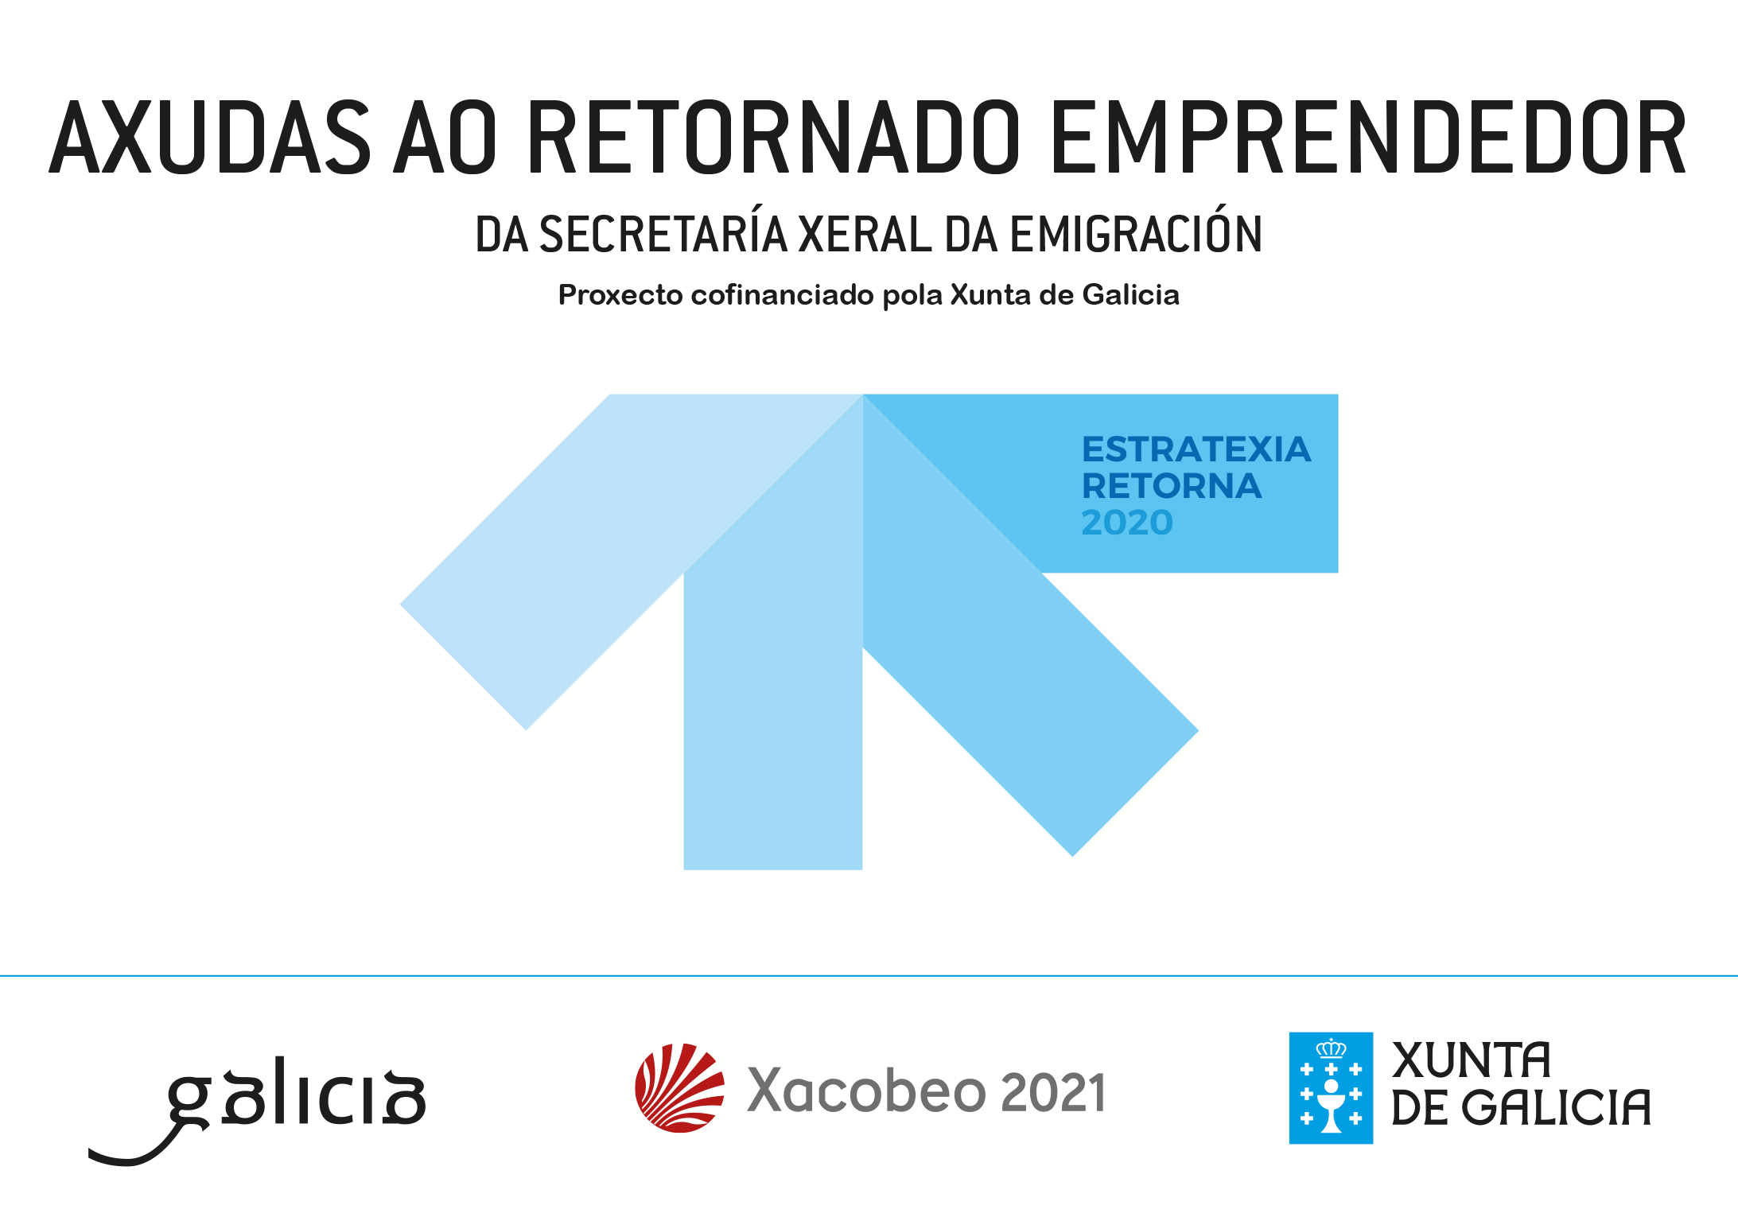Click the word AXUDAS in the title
pos(210,137)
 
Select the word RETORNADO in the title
pos(774,137)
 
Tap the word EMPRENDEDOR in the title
pos(1369,137)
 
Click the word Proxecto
pos(620,295)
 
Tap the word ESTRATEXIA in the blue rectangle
pos(1196,449)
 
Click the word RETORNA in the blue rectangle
pos(1172,486)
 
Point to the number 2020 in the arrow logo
pos(1127,523)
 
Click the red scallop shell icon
pos(679,1087)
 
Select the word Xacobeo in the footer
pos(867,1091)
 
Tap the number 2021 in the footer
pos(1054,1092)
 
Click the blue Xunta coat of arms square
pos(1331,1088)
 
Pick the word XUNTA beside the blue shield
pos(1472,1060)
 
